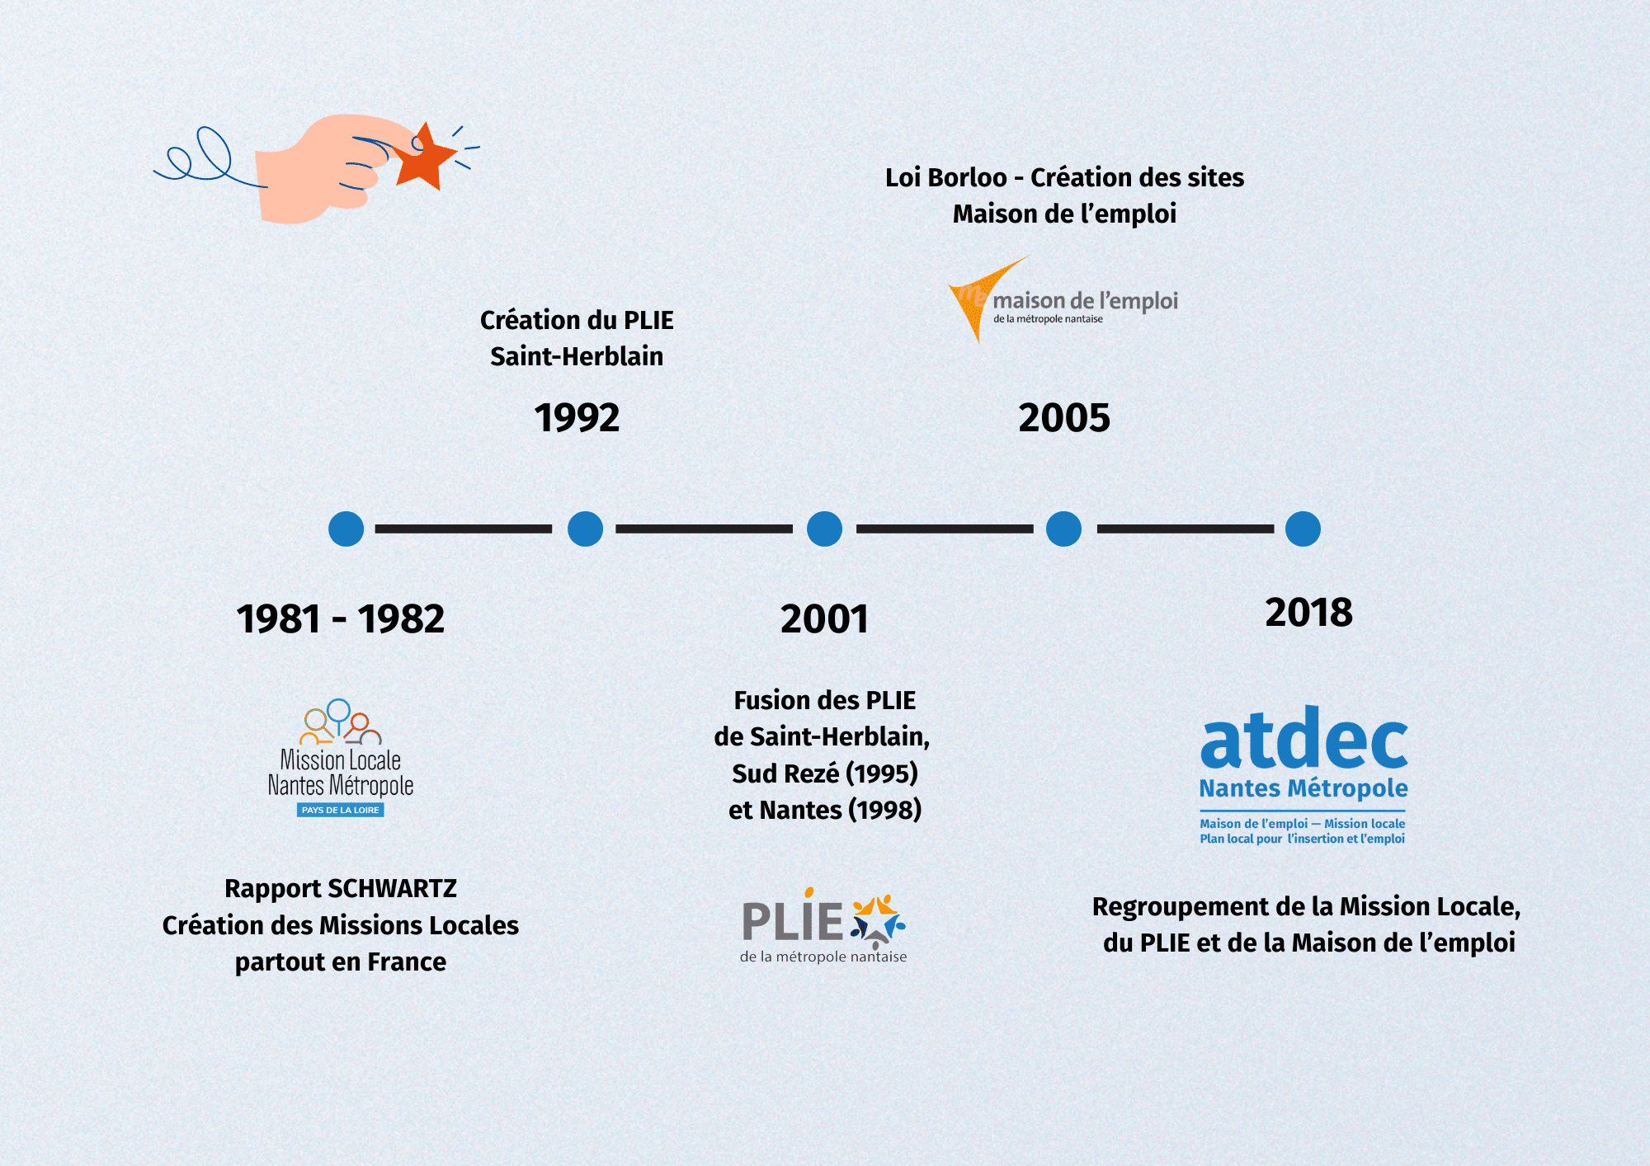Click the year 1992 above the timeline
pos(577,417)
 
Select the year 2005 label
pos(1064,417)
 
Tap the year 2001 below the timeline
pos(824,618)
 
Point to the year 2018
pos(1308,612)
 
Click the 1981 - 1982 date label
pos(340,618)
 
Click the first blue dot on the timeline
pos(346,529)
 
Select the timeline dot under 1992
pos(585,529)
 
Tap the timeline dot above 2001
pos(824,529)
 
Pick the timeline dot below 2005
pos(1063,529)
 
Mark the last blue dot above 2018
pos(1303,529)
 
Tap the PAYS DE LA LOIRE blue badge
pos(340,810)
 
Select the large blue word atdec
pos(1303,739)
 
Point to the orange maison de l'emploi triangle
pos(973,297)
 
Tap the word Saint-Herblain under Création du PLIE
pos(577,356)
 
